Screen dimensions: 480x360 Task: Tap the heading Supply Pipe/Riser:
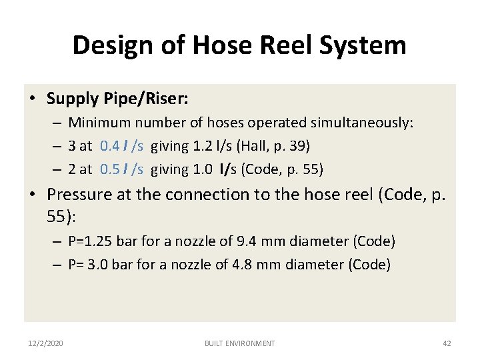(118, 99)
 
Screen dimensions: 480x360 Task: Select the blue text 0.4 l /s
(121, 146)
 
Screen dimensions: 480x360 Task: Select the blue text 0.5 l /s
(121, 169)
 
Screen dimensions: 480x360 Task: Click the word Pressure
(80, 195)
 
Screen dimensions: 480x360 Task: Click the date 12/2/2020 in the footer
(47, 343)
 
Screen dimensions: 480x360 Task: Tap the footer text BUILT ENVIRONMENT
(239, 343)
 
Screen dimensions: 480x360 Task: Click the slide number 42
(447, 343)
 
